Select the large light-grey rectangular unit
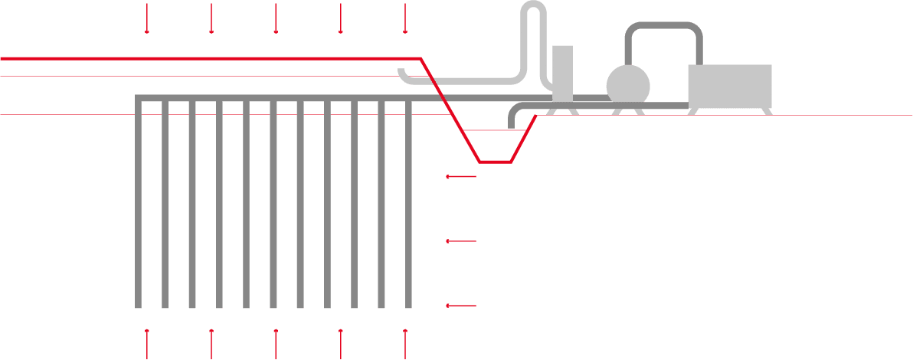click(730, 87)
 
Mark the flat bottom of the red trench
click(495, 162)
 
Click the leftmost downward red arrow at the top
click(146, 19)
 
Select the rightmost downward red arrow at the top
click(404, 19)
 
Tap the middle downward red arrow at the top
click(276, 19)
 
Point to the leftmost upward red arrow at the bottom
click(146, 343)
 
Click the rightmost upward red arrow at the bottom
click(404, 343)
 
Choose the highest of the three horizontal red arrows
click(461, 177)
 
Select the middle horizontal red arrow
click(461, 241)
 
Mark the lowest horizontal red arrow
click(461, 306)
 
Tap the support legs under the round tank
click(628, 110)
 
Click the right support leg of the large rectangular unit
click(763, 111)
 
